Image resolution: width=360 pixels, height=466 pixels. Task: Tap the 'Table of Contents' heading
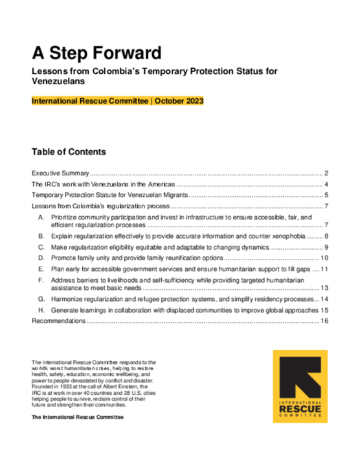coord(69,152)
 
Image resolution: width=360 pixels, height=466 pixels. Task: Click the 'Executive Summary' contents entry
coord(60,173)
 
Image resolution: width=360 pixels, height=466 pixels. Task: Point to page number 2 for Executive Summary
coord(328,173)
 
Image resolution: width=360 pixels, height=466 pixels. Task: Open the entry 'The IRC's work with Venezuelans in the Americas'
coord(104,184)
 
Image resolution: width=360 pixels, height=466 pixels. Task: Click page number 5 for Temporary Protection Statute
coord(328,195)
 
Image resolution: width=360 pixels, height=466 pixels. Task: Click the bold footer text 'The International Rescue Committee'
coord(77,419)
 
